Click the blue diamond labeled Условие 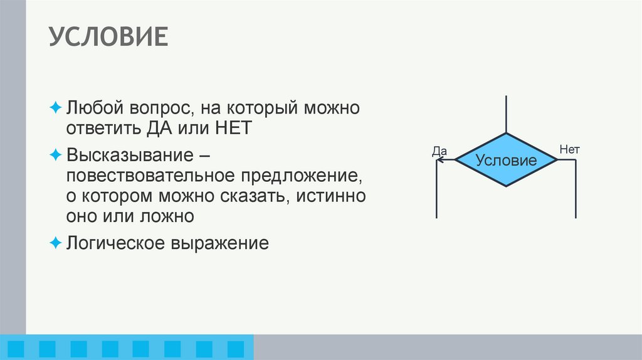506,160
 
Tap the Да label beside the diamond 439,151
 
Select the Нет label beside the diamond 569,150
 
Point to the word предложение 300,175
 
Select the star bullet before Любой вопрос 56,107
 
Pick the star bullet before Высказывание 56,154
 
